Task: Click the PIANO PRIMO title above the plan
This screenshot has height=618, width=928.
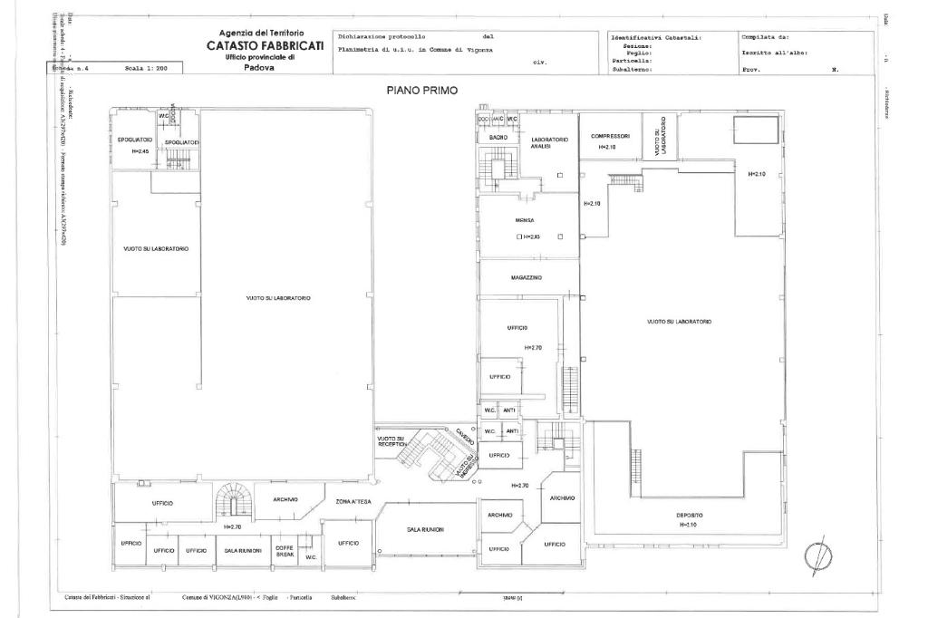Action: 421,90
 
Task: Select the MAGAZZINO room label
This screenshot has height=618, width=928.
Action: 527,277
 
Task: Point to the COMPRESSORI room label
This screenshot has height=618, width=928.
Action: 609,137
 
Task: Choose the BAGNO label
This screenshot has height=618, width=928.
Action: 498,137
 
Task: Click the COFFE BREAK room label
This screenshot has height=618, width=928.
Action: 285,550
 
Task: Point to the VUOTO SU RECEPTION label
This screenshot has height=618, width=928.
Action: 391,441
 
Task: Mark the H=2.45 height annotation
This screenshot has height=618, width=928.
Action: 140,151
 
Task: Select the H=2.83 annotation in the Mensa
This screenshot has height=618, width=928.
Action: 531,237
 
